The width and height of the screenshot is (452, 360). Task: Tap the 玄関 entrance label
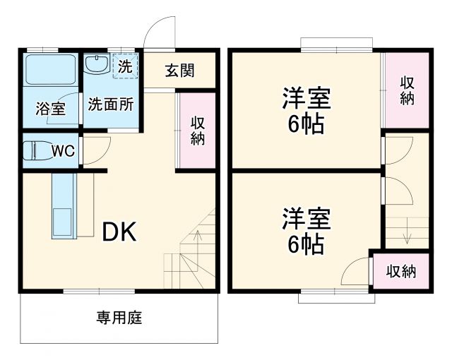[180, 71]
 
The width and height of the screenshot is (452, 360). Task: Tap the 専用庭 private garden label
[119, 317]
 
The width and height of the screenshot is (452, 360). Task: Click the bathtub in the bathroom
[50, 69]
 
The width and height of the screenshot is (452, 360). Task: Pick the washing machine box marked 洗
[125, 67]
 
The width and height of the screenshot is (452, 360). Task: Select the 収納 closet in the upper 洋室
[406, 90]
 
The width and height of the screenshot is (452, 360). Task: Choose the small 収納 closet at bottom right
[400, 270]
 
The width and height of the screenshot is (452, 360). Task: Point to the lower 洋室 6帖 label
[306, 231]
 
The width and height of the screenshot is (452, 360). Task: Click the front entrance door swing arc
[157, 32]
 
